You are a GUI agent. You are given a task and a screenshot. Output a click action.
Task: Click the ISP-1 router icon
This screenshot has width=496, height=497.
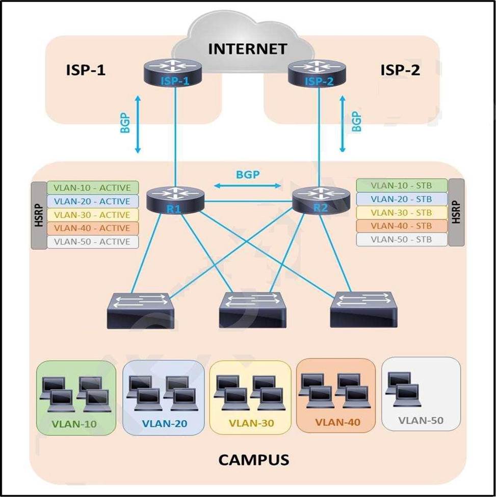tap(175, 71)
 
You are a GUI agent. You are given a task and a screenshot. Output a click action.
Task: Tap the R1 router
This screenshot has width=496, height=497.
tap(175, 199)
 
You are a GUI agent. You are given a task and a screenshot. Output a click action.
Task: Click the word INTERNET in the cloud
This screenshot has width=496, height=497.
tap(248, 49)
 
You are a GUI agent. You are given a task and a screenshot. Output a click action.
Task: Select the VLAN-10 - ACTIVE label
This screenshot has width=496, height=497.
tap(92, 188)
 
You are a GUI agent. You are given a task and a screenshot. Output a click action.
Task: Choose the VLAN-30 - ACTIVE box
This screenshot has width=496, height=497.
tap(92, 215)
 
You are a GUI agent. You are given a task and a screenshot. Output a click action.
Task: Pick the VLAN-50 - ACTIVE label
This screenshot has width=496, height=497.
tap(92, 242)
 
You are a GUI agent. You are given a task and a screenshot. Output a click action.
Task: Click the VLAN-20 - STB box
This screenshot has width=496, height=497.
tap(402, 199)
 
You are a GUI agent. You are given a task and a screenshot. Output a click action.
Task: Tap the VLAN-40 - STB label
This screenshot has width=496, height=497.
tap(402, 226)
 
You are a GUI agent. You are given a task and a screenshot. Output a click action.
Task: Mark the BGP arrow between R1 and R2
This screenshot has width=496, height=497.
tap(247, 186)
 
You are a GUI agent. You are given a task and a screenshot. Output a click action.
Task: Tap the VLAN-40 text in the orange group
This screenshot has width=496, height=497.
tap(337, 423)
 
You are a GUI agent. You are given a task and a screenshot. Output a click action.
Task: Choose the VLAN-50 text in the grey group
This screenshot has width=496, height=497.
tap(421, 421)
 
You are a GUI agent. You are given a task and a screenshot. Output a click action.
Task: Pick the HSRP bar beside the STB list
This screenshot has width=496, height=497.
tap(457, 212)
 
